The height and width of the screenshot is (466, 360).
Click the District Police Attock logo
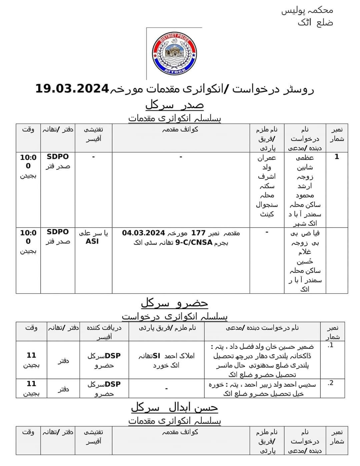pyautogui.click(x=174, y=54)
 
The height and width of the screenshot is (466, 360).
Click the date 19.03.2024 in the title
pyautogui.click(x=72, y=89)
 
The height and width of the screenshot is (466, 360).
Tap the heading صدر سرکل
pyautogui.click(x=174, y=105)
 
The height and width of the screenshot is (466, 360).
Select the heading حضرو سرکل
pyautogui.click(x=174, y=303)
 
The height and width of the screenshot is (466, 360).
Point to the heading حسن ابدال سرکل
pyautogui.click(x=174, y=407)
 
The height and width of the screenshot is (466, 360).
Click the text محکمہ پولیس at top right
pyautogui.click(x=307, y=10)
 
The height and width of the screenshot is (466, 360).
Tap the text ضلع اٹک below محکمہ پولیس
pyautogui.click(x=315, y=23)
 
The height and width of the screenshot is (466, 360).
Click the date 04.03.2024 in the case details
pyautogui.click(x=143, y=233)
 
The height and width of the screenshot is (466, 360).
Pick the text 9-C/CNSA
pyautogui.click(x=194, y=242)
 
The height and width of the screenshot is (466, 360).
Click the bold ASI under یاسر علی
pyautogui.click(x=92, y=241)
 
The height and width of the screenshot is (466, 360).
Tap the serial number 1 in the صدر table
pyautogui.click(x=337, y=157)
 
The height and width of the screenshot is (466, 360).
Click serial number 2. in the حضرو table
pyautogui.click(x=330, y=383)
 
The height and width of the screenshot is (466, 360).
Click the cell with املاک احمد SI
pyautogui.click(x=166, y=360)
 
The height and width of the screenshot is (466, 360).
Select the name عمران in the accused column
pyautogui.click(x=267, y=157)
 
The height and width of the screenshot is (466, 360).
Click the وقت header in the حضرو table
pyautogui.click(x=31, y=328)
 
